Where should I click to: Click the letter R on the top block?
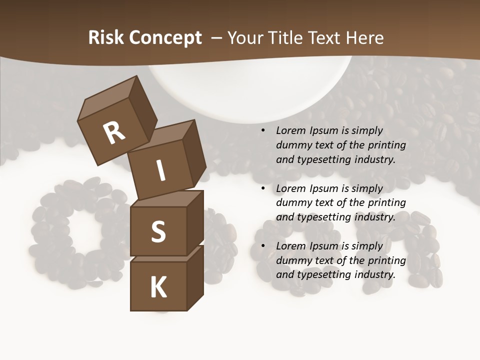pyautogui.click(x=114, y=133)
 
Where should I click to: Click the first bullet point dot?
pyautogui.click(x=263, y=131)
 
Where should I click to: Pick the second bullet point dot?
pyautogui.click(x=263, y=189)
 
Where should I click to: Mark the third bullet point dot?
pyautogui.click(x=263, y=246)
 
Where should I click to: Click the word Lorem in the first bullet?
pyautogui.click(x=290, y=131)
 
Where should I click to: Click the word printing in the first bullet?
pyautogui.click(x=387, y=145)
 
